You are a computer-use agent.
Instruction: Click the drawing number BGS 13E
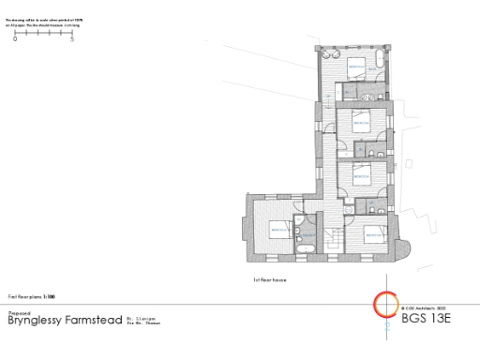point(427,319)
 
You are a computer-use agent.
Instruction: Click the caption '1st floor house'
point(269,279)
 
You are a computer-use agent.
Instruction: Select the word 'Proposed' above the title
point(20,313)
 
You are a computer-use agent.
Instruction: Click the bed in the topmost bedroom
point(357,67)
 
